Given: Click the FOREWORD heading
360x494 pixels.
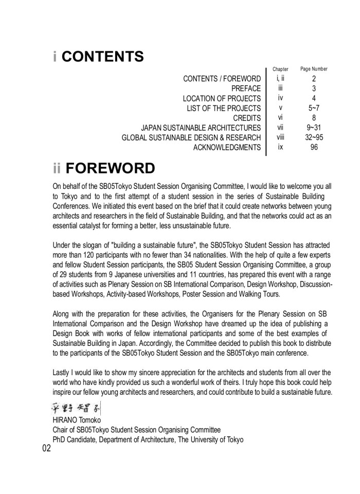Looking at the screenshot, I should coord(110,168).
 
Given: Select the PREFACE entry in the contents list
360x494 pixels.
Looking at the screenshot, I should coord(246,89).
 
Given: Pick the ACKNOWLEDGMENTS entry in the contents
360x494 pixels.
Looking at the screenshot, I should coord(227,148).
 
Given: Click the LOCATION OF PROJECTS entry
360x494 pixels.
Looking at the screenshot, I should coord(222,98).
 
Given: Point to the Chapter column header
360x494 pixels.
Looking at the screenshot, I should coord(280,69).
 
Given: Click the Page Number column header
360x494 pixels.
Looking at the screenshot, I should coord(314,69).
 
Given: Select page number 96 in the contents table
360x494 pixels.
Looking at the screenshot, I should coord(314,147).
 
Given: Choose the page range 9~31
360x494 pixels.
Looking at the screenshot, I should coord(314,128).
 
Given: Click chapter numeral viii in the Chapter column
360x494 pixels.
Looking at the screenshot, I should coord(280,137).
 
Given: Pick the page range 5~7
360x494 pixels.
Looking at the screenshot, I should coord(314,108).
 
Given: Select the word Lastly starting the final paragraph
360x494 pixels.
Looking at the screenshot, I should coord(63,372).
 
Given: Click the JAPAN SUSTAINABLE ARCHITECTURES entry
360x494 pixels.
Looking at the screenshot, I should coord(201,128).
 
